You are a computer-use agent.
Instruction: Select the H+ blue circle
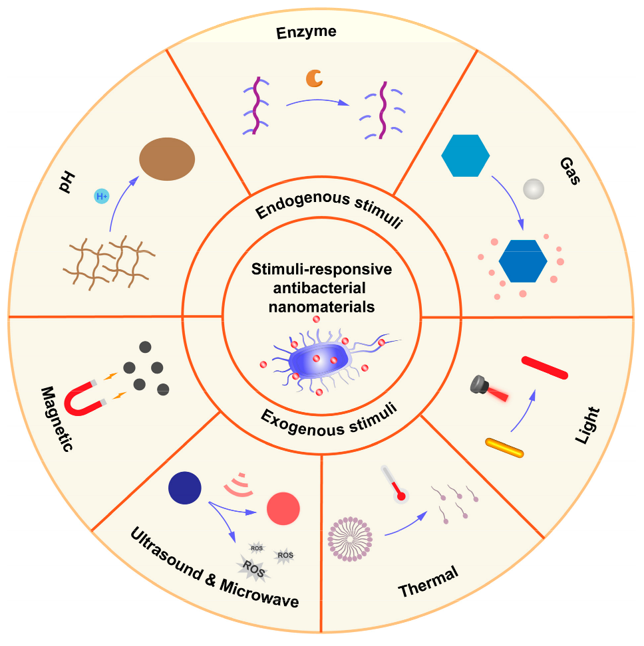point(101,196)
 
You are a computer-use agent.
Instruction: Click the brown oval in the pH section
point(167,160)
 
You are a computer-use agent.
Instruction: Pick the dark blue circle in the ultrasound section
point(185,487)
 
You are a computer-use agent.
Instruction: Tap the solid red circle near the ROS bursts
point(283,508)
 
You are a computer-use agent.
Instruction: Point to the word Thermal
point(428,582)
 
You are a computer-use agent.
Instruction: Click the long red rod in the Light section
point(545,368)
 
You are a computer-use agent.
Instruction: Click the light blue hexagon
point(466,156)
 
